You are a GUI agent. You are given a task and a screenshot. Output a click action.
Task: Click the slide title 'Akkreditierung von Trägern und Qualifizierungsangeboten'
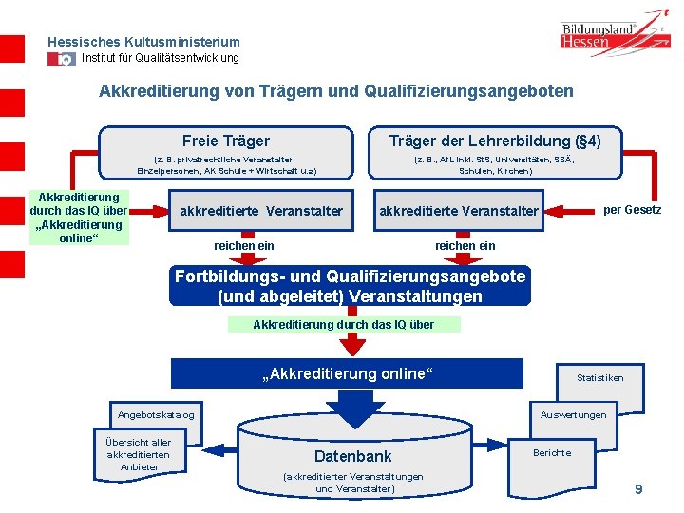pos(336,92)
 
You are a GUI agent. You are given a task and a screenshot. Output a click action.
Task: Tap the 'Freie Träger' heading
pos(226,141)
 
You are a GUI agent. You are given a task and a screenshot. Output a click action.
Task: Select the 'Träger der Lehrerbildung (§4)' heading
pos(495,141)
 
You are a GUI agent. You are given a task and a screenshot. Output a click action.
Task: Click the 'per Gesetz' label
pos(633,209)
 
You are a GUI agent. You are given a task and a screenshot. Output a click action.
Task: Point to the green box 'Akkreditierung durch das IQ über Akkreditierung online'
pos(79,218)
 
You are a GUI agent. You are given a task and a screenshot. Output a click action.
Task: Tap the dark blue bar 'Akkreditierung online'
pos(347,373)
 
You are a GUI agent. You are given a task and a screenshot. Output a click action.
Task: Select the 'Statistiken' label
pos(600,377)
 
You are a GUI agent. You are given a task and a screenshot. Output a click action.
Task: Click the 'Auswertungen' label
pos(573,415)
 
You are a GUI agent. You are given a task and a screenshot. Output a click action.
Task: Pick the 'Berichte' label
pos(552,452)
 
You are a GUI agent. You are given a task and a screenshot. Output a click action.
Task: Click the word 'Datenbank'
pos(352,457)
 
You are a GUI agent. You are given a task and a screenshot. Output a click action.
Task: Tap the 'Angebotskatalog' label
pos(156,415)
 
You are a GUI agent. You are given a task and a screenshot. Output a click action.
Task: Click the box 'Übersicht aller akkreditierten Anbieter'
pos(139,454)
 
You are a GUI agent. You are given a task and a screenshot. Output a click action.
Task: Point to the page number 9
pos(638,488)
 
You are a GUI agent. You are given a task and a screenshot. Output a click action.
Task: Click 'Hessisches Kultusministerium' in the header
pos(143,42)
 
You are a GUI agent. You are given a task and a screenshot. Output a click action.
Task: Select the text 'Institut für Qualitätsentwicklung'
pos(161,58)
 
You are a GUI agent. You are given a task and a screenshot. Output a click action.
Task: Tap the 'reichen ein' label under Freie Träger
pos(244,246)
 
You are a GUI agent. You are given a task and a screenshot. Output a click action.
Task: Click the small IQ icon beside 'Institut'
pos(64,59)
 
